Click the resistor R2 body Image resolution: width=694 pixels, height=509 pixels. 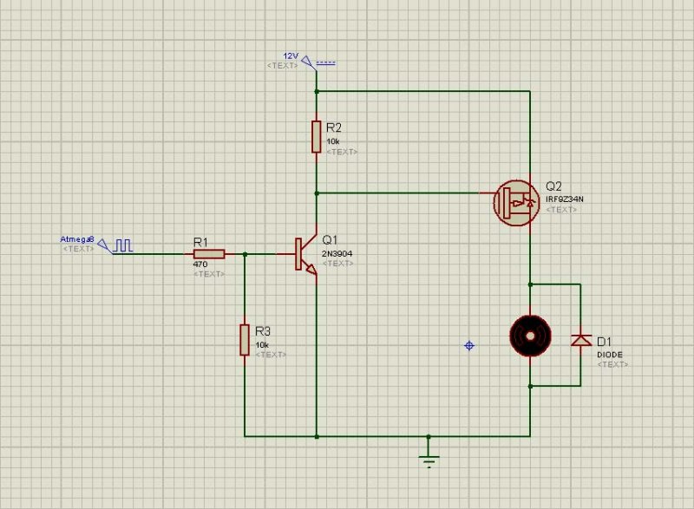coord(317,137)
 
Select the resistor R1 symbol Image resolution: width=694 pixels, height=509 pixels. coord(209,254)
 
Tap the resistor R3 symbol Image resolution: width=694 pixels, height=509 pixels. coord(245,339)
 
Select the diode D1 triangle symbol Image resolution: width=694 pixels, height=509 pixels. coord(580,340)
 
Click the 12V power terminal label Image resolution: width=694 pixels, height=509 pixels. coord(291,55)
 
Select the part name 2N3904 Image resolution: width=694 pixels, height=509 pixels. coord(337,253)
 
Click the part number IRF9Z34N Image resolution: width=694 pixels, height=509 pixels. coord(564,199)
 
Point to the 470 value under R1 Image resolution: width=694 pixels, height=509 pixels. coord(199,264)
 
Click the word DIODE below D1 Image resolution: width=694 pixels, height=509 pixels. coord(610,355)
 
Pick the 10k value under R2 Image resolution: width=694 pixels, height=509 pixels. coord(332,141)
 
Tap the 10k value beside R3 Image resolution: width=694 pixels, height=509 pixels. coord(261,344)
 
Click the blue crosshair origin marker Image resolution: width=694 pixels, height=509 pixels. coord(469,345)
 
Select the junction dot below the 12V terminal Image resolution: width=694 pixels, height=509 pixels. coord(317,91)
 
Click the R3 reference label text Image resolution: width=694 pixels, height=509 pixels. coord(263,331)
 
